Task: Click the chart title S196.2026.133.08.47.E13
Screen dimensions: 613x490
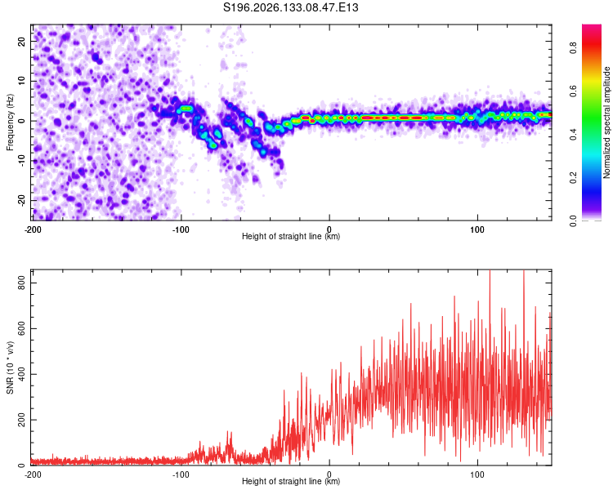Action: (290, 7)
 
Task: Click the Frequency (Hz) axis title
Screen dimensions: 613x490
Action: (10, 122)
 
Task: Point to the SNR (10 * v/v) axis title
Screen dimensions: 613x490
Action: (10, 367)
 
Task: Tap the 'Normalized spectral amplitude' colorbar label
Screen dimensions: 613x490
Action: (606, 122)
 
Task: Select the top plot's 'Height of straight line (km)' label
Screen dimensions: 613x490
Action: (291, 236)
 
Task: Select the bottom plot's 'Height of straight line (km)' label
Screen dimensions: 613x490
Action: (291, 481)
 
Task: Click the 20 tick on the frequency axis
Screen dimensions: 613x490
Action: (22, 42)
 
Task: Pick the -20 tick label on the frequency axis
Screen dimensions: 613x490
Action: (22, 200)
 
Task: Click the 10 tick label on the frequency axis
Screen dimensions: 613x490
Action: (22, 81)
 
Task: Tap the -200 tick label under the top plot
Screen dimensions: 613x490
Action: (33, 229)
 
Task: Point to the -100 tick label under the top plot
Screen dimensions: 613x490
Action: (181, 229)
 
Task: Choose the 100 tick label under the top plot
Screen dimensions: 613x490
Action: (477, 229)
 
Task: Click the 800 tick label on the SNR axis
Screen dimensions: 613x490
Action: (22, 283)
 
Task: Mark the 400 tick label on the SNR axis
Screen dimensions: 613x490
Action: (22, 374)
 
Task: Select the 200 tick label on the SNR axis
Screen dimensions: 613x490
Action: (22, 420)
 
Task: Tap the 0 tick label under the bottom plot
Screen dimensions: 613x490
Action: (329, 474)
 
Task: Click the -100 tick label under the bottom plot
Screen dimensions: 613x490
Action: (181, 474)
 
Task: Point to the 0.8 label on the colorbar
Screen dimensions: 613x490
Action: (573, 48)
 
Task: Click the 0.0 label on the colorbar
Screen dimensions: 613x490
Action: (573, 221)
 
